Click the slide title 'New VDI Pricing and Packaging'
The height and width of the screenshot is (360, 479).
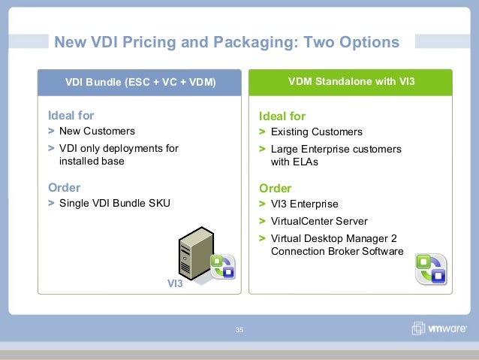point(176,42)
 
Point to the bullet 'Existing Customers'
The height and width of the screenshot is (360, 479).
point(316,132)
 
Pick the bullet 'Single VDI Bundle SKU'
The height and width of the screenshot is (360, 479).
point(115,203)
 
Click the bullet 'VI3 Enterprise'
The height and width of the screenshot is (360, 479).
point(304,204)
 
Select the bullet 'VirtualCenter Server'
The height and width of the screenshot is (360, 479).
point(319,221)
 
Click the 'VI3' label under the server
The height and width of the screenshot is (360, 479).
point(175,284)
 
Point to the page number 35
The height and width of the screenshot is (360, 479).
point(239,331)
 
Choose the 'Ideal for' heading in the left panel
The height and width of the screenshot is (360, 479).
point(71,116)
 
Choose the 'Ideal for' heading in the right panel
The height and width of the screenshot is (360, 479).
point(282,116)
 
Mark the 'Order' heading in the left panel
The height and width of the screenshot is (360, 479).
point(64,187)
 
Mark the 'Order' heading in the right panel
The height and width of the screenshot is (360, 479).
point(275,188)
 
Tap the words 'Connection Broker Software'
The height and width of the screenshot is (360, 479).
point(337,251)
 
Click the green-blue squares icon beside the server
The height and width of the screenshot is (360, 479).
point(223,266)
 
